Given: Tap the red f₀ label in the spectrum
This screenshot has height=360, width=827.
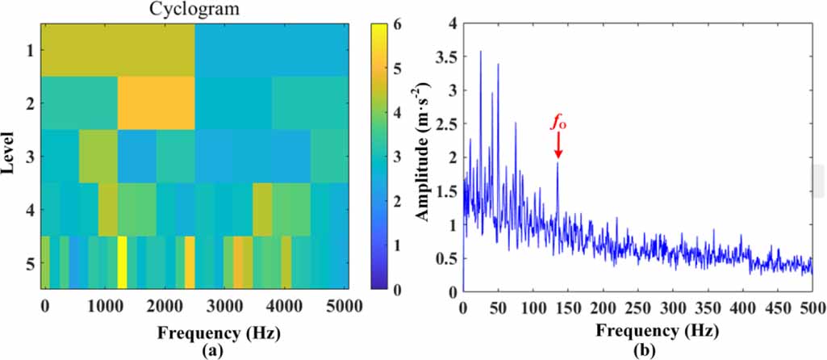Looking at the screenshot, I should pos(557,123).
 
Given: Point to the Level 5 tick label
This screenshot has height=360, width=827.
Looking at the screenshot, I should pos(28,262).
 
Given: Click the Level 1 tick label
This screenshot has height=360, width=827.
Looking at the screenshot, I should pos(28,50).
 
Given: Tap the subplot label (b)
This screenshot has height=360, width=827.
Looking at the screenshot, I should pos(637,350).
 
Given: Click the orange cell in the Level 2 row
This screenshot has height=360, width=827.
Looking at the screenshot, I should pos(157,103).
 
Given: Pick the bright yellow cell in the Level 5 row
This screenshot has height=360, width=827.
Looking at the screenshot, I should pos(122,262).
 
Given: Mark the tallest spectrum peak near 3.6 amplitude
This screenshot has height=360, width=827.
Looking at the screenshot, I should pos(481,52).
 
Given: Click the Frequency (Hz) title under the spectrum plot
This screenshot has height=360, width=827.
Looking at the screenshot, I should pos(637,330).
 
